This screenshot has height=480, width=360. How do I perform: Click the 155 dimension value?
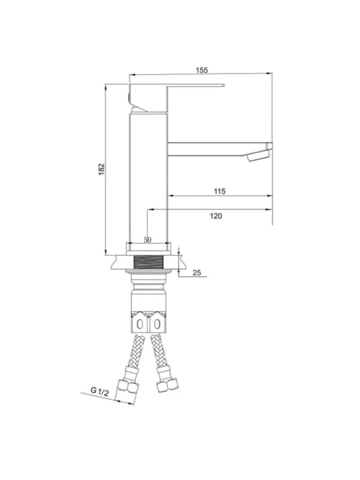tap(202, 70)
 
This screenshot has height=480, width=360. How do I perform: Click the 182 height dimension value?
tap(101, 169)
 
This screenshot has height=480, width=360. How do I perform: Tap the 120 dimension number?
tap(216, 216)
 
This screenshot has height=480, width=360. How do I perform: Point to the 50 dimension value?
tap(147, 240)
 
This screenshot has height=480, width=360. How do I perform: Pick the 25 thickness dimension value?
tap(197, 273)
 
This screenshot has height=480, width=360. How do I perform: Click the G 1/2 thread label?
tap(99, 392)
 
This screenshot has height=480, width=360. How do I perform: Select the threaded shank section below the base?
tap(148, 262)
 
